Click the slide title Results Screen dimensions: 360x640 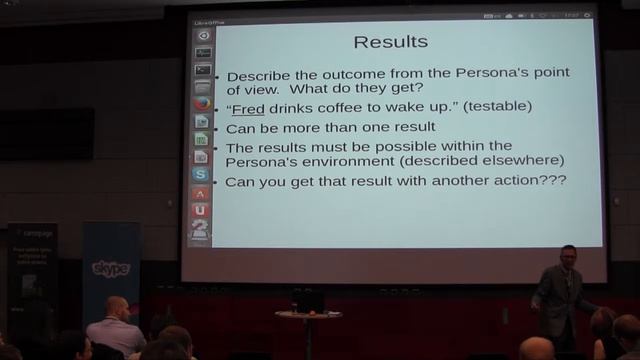coord(391,42)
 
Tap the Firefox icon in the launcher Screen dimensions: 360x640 coord(202,103)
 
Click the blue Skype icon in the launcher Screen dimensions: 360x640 coord(201,174)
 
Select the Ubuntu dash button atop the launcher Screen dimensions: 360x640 coord(203,35)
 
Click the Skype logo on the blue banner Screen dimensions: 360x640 coord(110,268)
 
